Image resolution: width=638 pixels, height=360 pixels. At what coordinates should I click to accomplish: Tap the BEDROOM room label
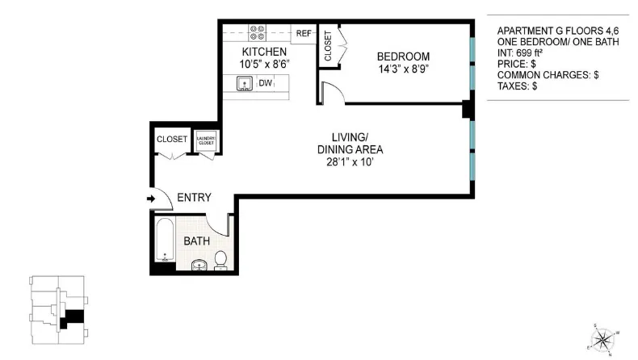pos(403,56)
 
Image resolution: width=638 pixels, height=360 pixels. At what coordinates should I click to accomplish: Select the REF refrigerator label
pos(304,34)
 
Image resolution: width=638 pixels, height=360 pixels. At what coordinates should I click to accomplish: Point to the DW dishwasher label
pos(265,83)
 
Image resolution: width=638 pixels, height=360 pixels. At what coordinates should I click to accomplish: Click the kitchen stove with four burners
pos(258,33)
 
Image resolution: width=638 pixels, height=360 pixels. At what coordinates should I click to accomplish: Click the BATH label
pos(196,241)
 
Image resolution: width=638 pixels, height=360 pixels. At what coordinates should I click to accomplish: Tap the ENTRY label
pos(194,198)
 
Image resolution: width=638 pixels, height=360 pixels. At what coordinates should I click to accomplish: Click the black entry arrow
pos(150,198)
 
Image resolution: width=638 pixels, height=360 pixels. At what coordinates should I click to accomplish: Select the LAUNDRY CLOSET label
pos(205,139)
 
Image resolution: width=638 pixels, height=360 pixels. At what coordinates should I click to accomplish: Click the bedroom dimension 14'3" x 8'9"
pos(403,69)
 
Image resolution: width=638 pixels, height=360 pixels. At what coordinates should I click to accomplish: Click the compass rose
pos(607,337)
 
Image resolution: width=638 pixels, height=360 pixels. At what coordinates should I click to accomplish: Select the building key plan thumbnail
pos(57,307)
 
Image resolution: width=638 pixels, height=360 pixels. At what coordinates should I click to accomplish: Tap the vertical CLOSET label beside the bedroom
pos(328,47)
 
